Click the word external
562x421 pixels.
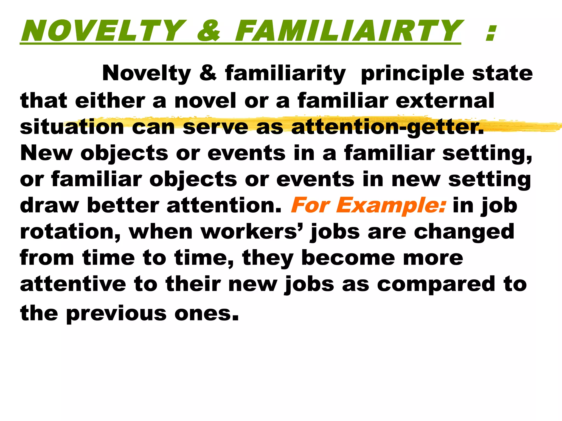[445, 101]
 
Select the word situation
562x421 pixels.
[72, 127]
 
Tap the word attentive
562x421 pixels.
[73, 284]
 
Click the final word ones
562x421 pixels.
[206, 314]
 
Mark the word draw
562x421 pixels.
[49, 206]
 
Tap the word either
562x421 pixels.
[110, 101]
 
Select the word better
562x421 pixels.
[123, 206]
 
